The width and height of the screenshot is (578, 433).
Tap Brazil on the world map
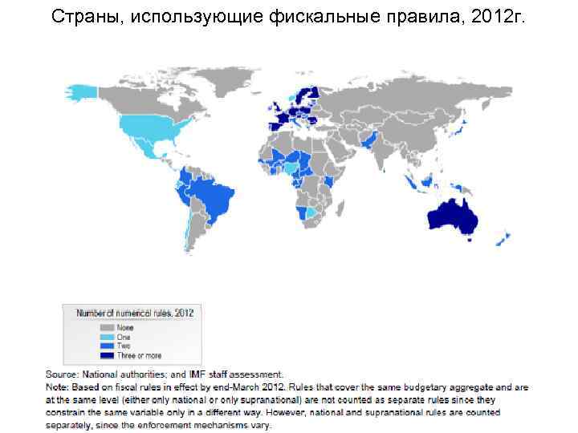coord(211,196)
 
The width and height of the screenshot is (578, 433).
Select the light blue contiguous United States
coord(153,128)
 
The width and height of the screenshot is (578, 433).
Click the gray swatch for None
coord(107,327)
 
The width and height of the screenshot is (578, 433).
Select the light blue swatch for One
coord(107,337)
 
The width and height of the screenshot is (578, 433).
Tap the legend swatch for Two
coord(107,346)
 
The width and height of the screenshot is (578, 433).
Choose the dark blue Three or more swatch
coord(107,354)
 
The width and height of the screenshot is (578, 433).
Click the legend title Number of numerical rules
coord(134,313)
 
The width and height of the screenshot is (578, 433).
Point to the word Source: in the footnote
coord(62,374)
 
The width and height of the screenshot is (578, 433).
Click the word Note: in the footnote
coord(57,386)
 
